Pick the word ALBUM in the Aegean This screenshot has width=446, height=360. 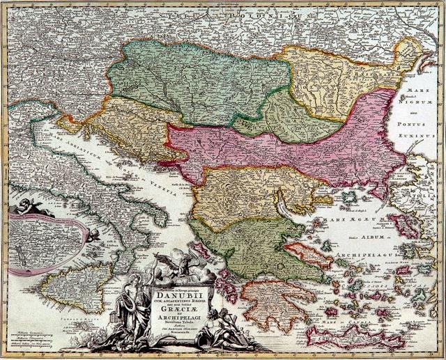click(379, 237)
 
